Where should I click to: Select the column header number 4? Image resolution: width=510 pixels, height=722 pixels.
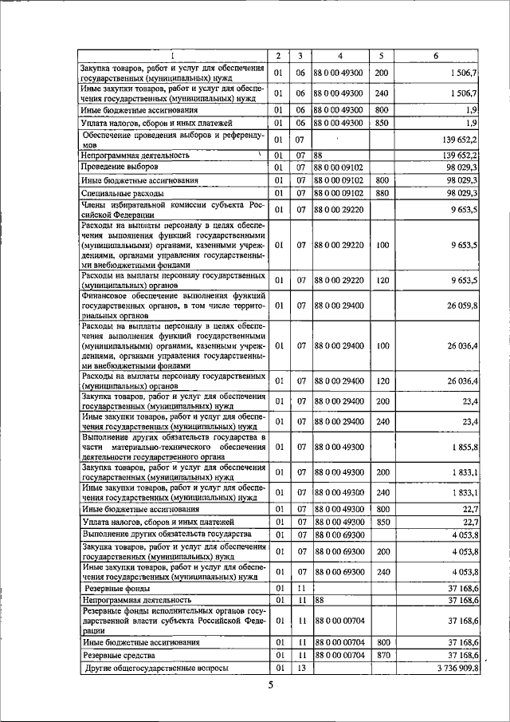tap(339, 57)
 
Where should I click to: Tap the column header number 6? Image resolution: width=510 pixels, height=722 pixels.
tap(435, 57)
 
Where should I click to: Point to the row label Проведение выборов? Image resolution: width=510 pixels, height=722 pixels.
tap(120, 168)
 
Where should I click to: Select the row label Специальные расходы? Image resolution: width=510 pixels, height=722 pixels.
tap(123, 194)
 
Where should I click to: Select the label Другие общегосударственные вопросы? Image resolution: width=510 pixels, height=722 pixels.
tap(156, 668)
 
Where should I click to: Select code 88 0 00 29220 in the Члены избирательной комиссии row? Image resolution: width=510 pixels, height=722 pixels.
tap(339, 211)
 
